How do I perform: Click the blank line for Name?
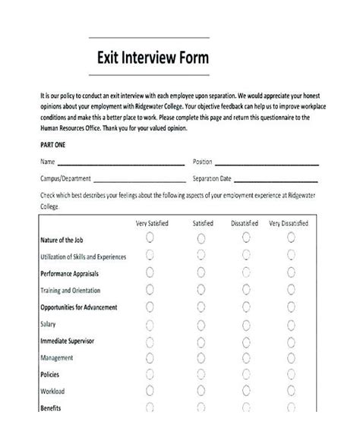pos(122,162)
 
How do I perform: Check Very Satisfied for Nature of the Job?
pos(150,238)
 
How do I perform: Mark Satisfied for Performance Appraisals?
pos(201,272)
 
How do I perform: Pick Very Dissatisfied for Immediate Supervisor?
pos(292,341)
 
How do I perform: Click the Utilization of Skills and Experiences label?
pos(83,256)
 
